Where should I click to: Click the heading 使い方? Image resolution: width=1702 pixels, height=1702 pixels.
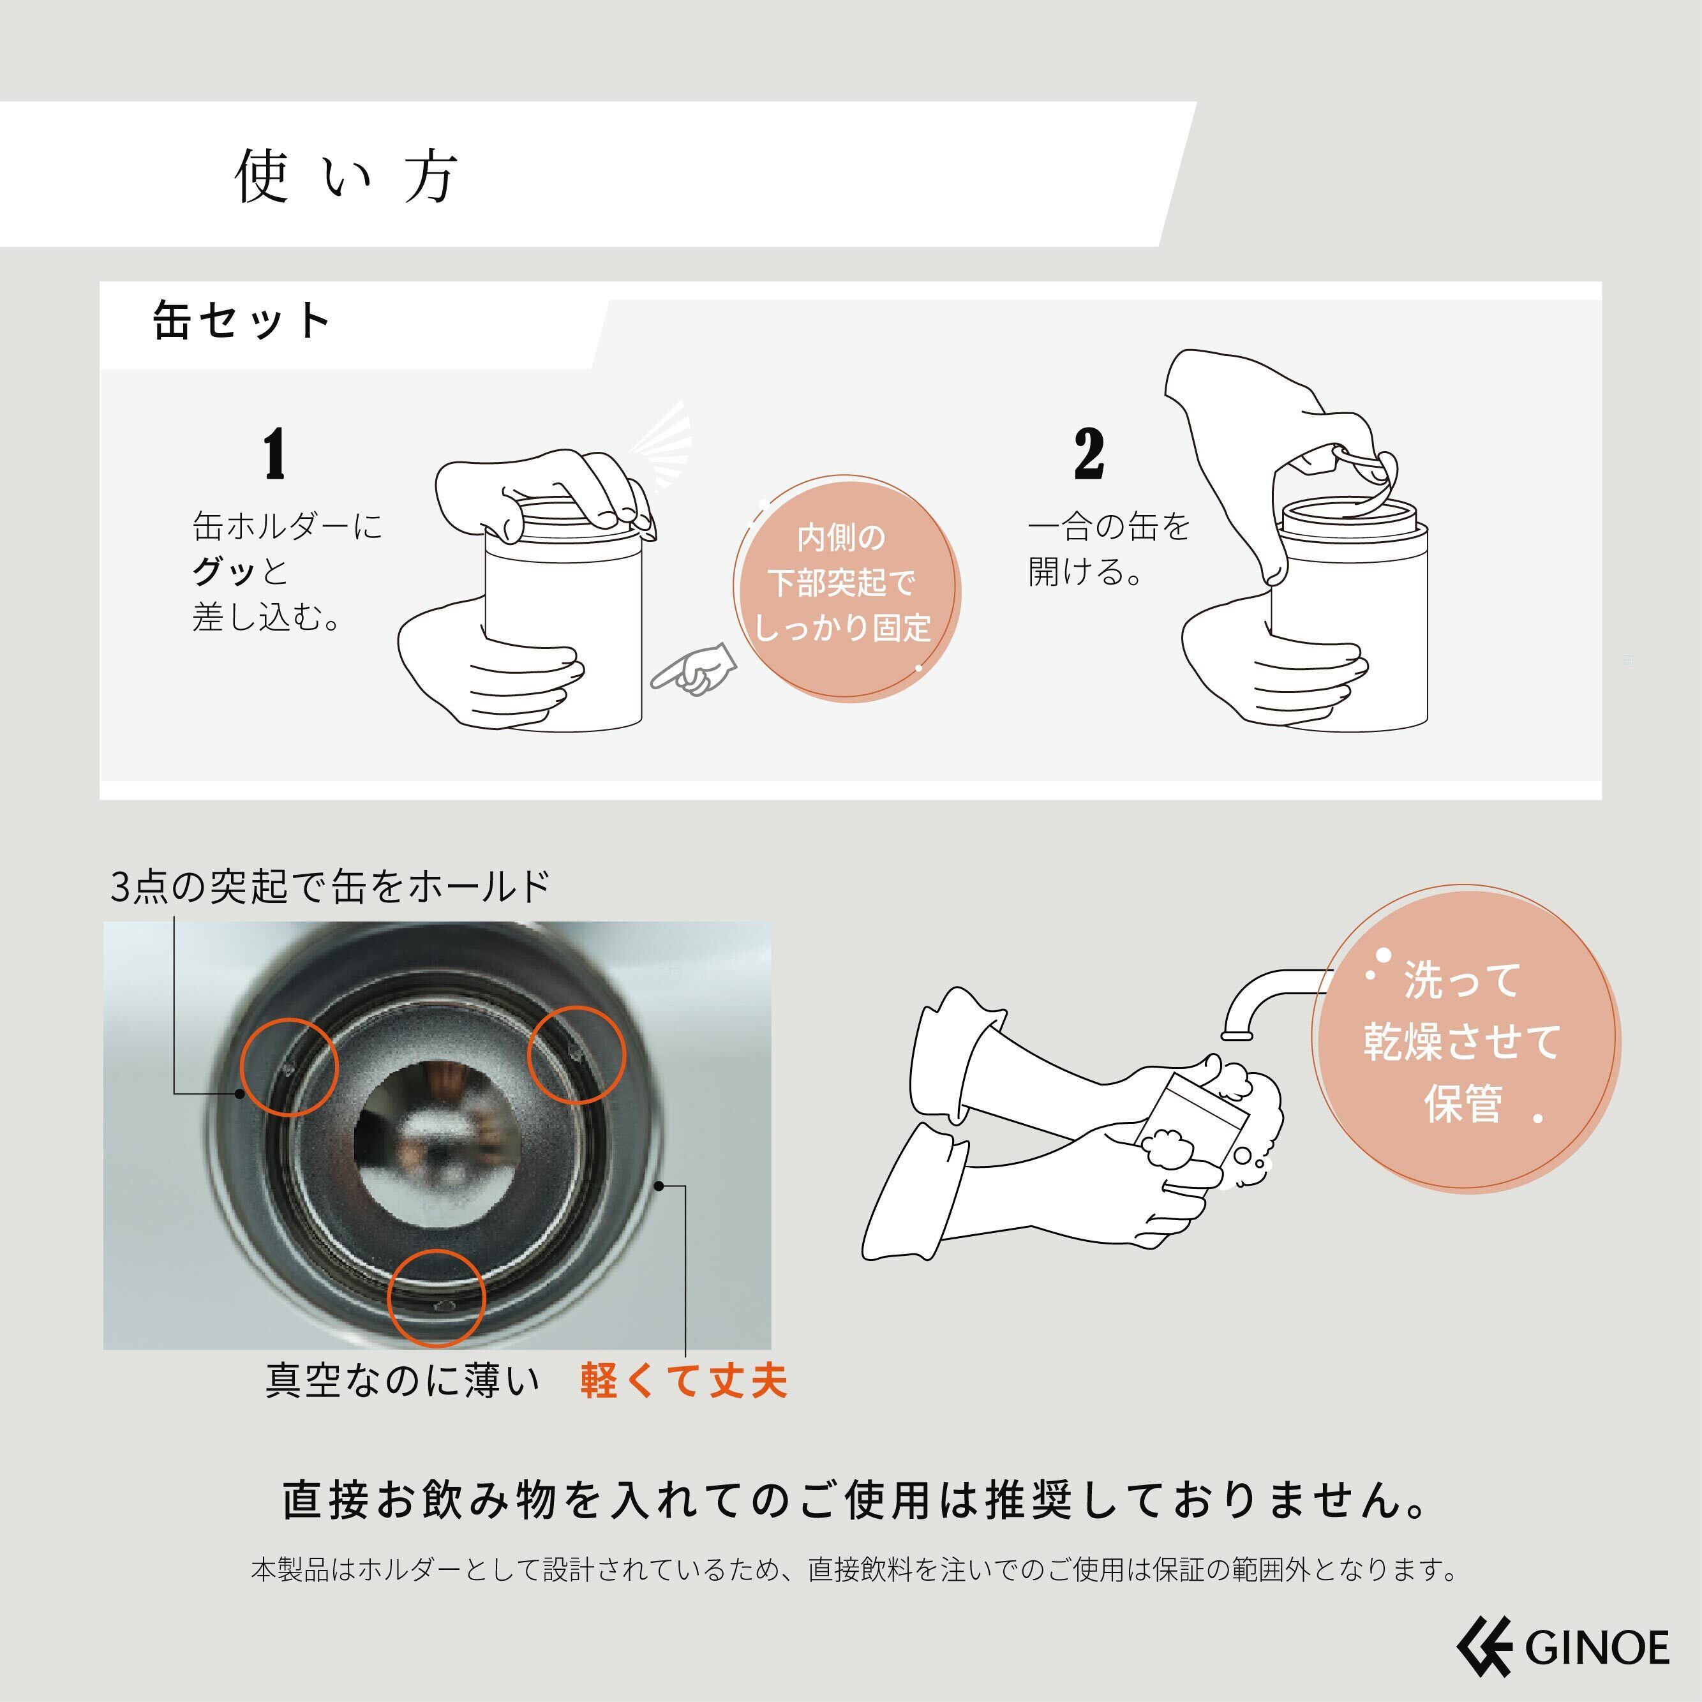point(347,176)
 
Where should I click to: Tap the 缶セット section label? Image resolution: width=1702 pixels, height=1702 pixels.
point(243,320)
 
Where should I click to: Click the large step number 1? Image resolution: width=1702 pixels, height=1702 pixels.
point(275,454)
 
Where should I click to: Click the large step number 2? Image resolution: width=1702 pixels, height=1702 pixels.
point(1089,454)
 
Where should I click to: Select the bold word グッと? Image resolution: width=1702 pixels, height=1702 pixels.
point(239,572)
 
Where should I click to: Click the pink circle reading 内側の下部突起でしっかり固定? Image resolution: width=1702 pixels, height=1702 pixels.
point(847,588)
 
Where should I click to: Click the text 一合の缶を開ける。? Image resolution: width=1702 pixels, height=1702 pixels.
point(1109,549)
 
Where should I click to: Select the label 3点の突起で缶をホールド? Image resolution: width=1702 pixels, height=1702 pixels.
point(331,886)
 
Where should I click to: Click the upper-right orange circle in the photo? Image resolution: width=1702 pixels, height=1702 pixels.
point(576,1054)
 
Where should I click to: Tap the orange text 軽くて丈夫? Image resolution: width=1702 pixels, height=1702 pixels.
point(683,1380)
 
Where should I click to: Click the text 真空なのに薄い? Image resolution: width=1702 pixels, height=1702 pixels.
point(403,1380)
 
